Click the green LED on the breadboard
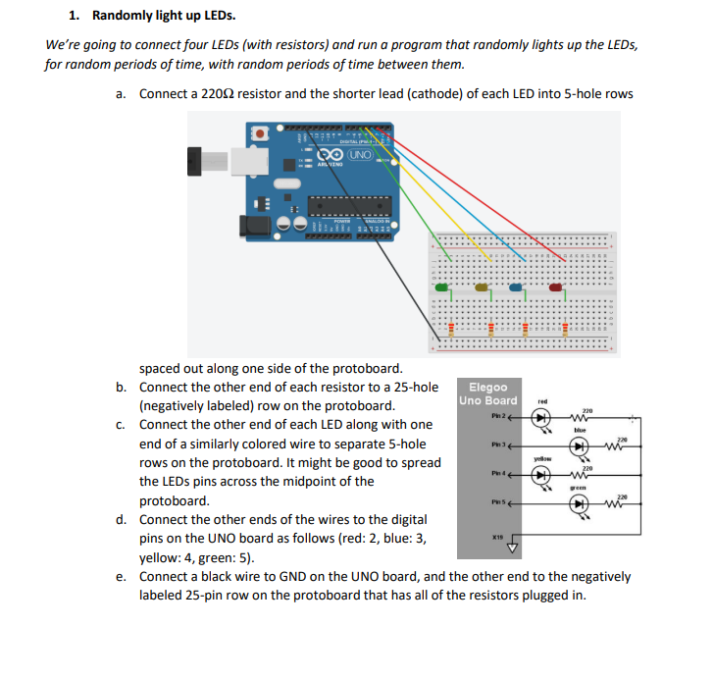[x=442, y=287]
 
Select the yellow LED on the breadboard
[x=481, y=287]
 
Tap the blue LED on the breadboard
[x=517, y=287]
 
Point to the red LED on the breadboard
[x=557, y=287]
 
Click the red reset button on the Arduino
[x=261, y=131]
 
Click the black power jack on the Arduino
[x=257, y=226]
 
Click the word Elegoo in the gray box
[x=488, y=387]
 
